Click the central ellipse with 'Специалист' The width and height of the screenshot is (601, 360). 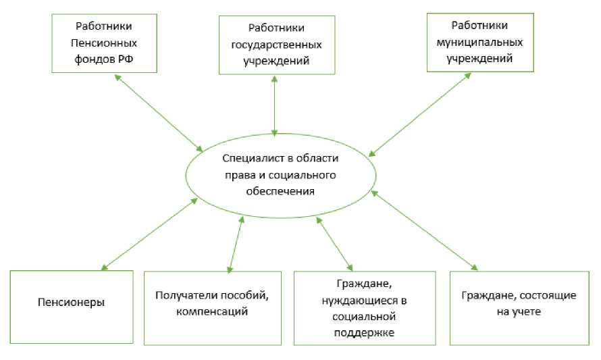pyautogui.click(x=280, y=174)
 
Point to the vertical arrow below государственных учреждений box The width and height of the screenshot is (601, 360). pyautogui.click(x=274, y=105)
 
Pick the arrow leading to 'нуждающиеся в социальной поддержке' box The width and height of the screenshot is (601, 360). pyautogui.click(x=335, y=243)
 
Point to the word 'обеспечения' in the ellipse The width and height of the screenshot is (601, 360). pyautogui.click(x=280, y=191)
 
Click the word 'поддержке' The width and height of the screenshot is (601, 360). pyautogui.click(x=364, y=332)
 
